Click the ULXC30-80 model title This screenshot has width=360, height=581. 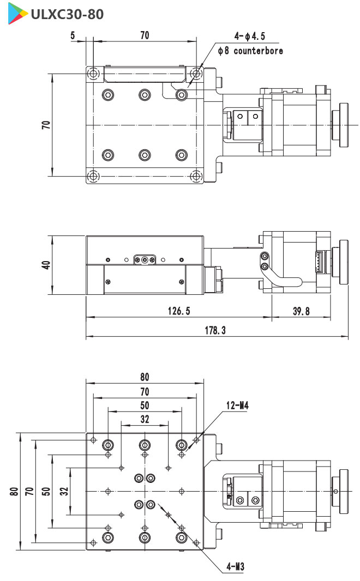click(x=67, y=14)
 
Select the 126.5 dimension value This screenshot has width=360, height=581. click(x=179, y=311)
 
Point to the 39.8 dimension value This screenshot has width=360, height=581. click(x=301, y=311)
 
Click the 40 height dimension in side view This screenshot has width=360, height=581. click(x=46, y=265)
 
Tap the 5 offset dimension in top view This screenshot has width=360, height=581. click(x=73, y=35)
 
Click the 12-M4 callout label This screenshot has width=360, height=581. click(x=237, y=406)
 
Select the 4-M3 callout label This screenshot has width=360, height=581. click(x=236, y=566)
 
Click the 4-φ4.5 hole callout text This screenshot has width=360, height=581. click(x=249, y=36)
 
